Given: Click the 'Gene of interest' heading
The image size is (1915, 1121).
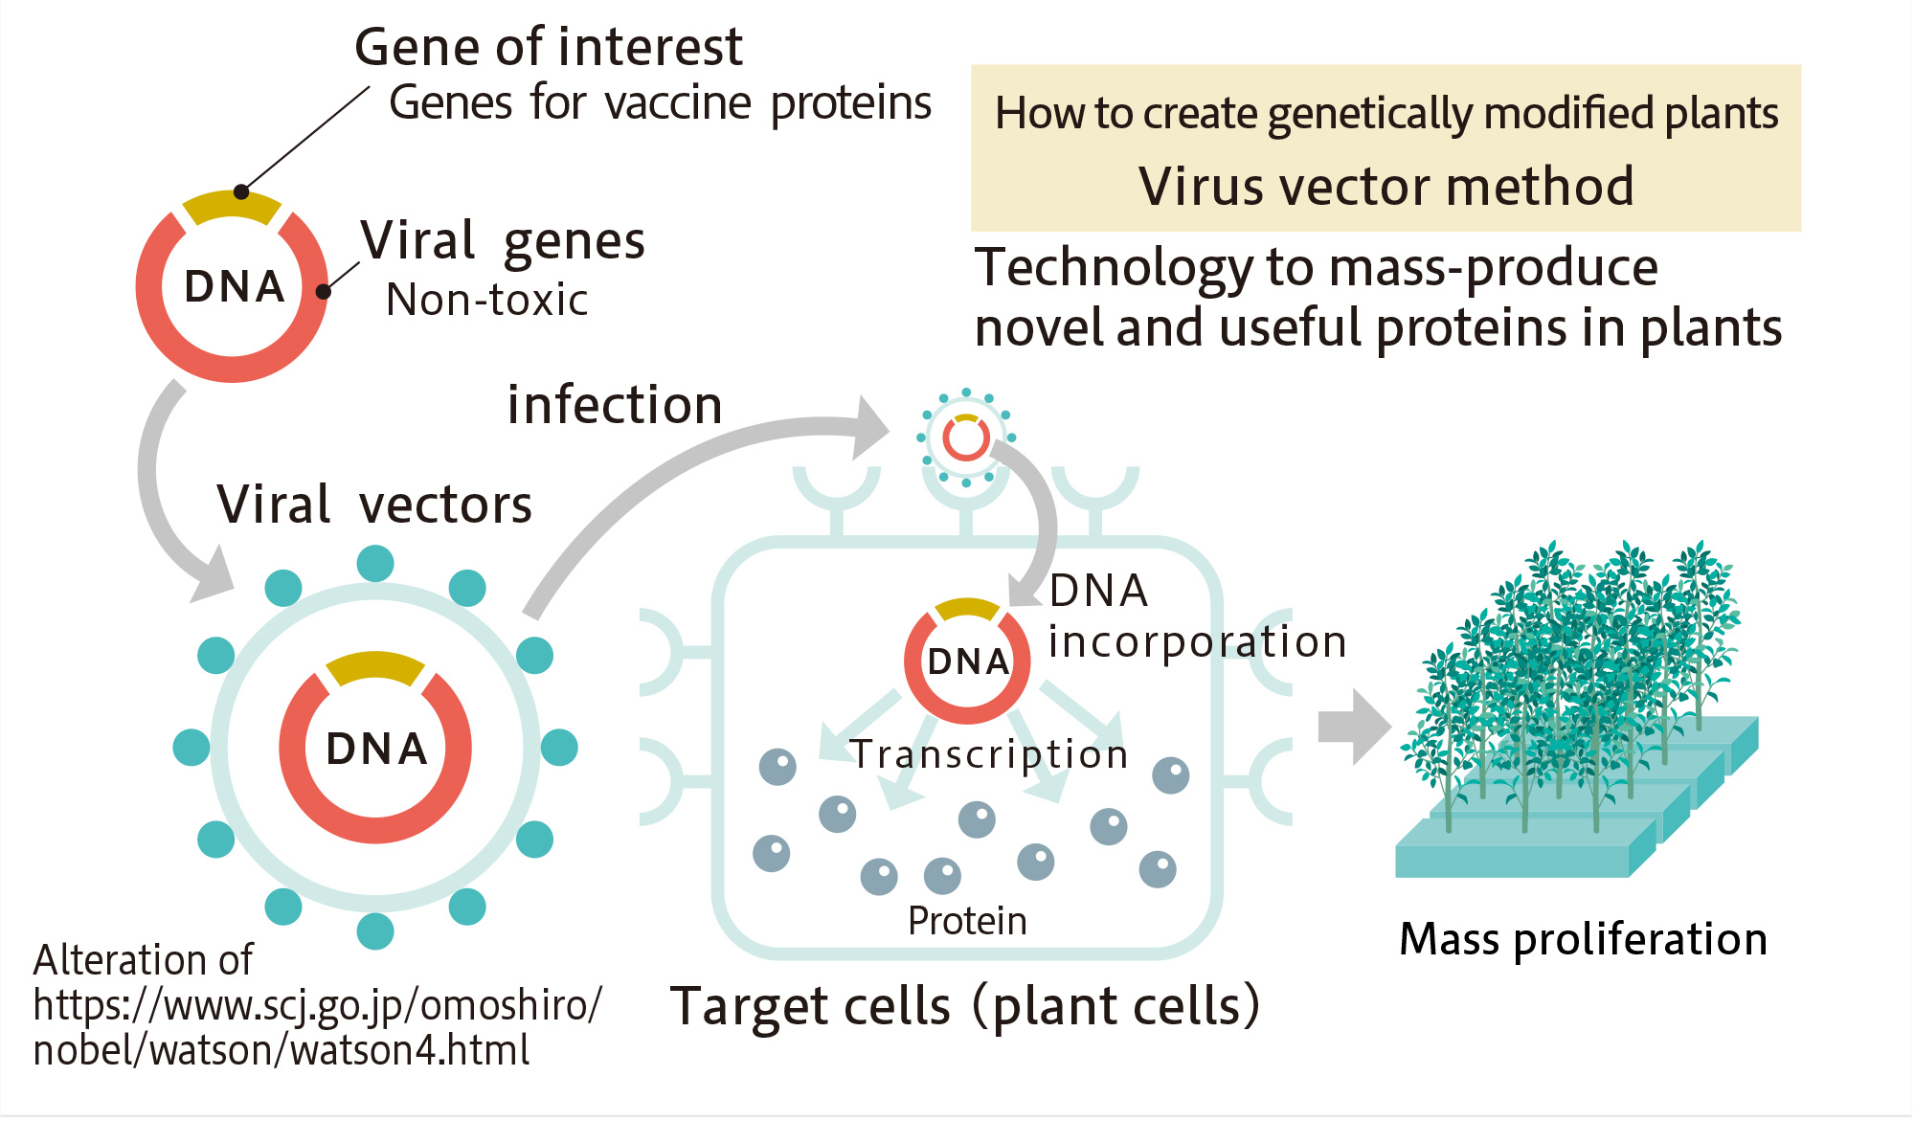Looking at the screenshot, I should click(548, 47).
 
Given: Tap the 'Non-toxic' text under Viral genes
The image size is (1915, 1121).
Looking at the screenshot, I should click(486, 300).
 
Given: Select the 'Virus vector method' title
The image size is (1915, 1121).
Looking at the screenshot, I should click(1386, 186).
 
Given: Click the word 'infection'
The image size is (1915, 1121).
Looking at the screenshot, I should click(614, 405).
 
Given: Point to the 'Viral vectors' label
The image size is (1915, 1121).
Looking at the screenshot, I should click(374, 504).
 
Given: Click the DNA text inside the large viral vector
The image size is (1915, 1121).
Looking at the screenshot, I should click(376, 749).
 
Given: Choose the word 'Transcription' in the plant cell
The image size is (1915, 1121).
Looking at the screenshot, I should click(989, 754).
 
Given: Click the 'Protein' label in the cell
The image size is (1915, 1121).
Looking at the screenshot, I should click(967, 921).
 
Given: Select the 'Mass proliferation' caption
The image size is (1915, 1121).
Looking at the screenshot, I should click(1583, 939).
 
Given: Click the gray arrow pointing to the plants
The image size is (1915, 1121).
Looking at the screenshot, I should click(1353, 727).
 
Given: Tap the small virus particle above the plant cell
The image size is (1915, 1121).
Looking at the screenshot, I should click(965, 438).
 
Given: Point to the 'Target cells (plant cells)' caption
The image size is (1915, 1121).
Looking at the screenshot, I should click(965, 1006).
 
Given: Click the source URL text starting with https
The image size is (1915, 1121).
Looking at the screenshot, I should click(317, 1006).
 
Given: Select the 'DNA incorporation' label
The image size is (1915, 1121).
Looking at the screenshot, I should click(1197, 617).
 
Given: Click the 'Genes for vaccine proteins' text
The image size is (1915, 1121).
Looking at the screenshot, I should click(660, 103).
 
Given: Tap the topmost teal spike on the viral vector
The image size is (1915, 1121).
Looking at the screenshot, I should click(375, 564).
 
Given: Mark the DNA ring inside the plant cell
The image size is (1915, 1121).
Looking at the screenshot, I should click(967, 661).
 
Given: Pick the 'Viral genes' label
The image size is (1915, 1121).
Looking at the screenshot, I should click(503, 240).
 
